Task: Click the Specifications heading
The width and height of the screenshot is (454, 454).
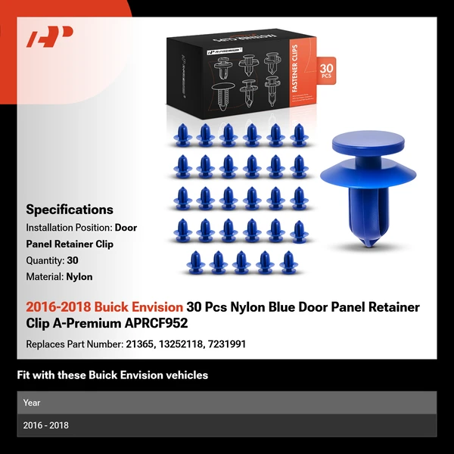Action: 70,210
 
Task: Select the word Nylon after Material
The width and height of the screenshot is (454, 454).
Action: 79,277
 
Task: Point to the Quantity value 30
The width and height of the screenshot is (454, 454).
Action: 73,260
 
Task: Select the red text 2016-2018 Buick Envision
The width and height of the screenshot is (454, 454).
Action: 104,307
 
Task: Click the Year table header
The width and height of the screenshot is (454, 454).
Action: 32,403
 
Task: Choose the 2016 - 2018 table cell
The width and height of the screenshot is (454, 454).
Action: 45,425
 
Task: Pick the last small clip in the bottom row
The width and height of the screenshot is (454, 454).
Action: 287,262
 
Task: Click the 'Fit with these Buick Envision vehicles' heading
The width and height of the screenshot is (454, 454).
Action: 112,375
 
